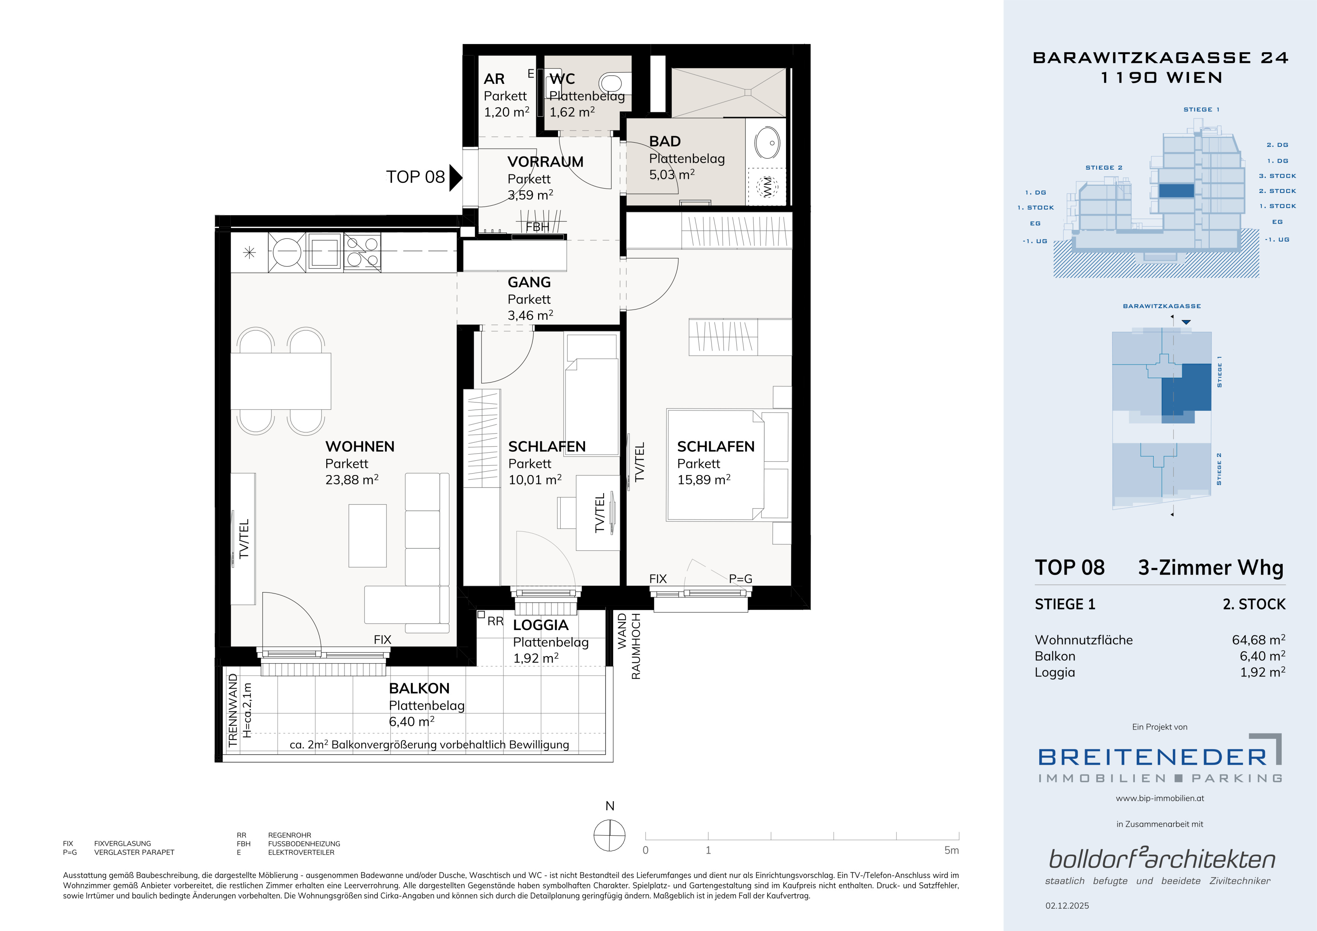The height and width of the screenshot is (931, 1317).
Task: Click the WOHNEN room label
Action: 360,447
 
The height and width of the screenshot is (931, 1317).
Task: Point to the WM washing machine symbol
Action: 766,186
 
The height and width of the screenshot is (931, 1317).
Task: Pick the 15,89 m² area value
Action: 704,480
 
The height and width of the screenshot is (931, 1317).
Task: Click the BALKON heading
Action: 419,688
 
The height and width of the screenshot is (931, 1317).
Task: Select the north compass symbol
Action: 609,835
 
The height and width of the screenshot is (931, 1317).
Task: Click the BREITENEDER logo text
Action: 1152,757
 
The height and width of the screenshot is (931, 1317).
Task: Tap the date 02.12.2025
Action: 1067,906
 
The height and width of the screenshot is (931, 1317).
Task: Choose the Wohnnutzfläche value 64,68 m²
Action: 1259,640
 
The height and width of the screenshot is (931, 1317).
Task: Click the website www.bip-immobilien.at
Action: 1160,798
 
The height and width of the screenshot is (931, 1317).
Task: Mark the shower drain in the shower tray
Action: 748,92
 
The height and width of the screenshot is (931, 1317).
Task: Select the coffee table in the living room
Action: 367,535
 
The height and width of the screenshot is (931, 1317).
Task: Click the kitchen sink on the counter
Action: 325,251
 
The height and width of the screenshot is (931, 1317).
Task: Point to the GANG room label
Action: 529,282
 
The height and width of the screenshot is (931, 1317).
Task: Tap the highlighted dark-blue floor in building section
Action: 1177,190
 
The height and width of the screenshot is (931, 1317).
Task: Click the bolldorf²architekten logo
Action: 1162,859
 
